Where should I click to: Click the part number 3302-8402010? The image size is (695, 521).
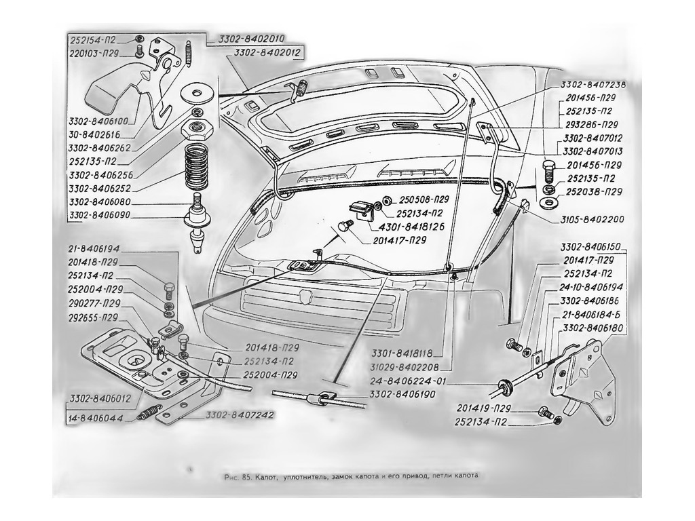click(251, 39)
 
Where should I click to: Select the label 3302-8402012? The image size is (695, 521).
click(267, 53)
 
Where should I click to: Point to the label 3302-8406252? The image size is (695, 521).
click(100, 189)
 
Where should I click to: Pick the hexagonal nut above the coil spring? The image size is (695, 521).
click(198, 130)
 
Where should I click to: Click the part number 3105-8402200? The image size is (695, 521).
click(591, 219)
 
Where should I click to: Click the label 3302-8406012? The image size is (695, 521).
click(100, 399)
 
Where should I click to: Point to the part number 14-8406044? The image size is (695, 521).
click(96, 418)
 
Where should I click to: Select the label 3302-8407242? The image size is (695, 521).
click(240, 415)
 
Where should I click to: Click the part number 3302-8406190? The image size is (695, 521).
click(402, 394)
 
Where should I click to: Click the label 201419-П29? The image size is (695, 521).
click(483, 408)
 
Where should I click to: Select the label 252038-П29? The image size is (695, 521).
click(594, 192)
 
